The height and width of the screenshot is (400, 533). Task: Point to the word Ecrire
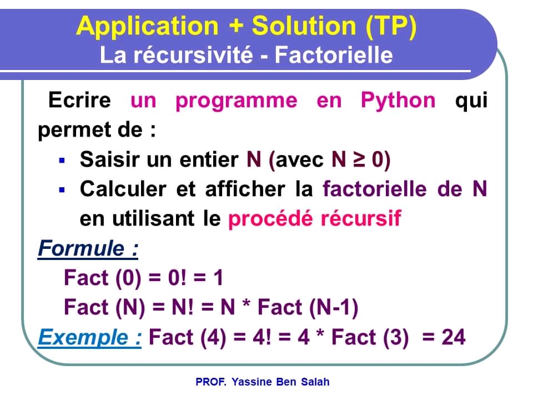79,101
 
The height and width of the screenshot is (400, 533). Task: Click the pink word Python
398,101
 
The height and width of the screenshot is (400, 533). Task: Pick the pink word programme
236,101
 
